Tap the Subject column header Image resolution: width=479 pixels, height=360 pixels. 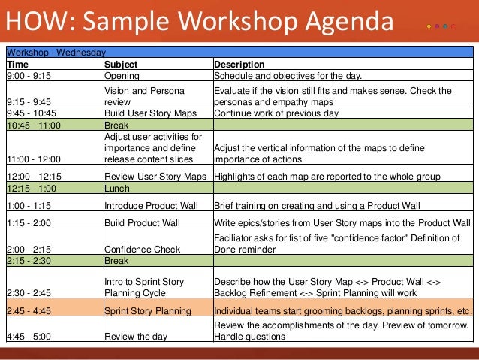tap(120, 65)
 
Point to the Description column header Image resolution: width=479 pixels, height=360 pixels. tap(239, 65)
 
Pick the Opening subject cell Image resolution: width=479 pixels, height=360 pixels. tap(122, 76)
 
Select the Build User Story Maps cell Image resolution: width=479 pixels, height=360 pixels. tap(150, 113)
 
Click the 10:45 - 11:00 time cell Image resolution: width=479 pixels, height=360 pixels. tap(34, 126)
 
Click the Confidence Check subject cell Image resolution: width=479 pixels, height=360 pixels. tap(143, 250)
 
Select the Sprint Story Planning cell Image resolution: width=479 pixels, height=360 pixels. tap(147, 310)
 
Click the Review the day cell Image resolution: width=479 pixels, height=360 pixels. tap(136, 337)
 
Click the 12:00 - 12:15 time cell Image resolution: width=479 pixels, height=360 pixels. tap(34, 177)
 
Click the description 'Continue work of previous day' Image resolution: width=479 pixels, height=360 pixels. tap(276, 113)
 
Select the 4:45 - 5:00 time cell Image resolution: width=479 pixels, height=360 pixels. tap(29, 337)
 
